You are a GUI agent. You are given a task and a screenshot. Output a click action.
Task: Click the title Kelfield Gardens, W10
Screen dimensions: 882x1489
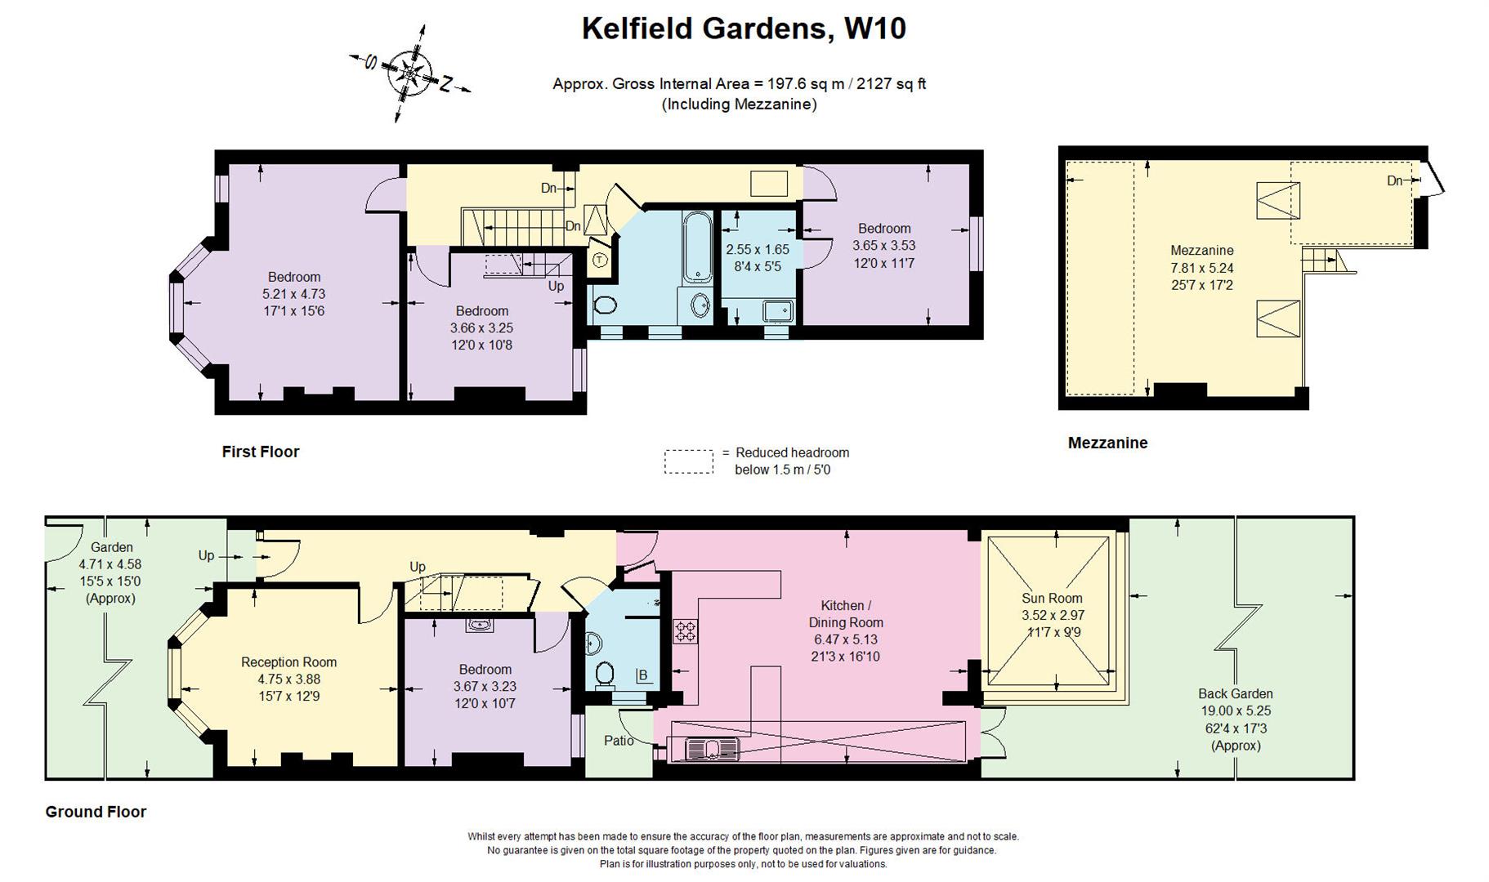tap(743, 29)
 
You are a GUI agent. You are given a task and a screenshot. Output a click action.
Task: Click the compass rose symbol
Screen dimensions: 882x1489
tap(409, 73)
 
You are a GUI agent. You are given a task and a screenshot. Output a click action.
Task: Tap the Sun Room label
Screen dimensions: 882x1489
tap(1052, 598)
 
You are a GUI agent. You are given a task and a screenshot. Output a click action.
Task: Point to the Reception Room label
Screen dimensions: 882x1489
tap(288, 662)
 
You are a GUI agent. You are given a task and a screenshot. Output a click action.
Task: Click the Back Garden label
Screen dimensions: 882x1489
tap(1235, 693)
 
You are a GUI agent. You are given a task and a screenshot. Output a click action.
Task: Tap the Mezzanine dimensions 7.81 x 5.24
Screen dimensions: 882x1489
tap(1201, 268)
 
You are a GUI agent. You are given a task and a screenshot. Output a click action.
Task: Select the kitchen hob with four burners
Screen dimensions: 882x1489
tap(685, 630)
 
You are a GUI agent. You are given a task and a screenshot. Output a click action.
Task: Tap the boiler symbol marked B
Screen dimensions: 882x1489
tap(643, 675)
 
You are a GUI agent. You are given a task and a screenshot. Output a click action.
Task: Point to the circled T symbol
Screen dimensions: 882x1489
tap(600, 261)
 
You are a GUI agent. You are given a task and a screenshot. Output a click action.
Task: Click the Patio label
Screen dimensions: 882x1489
tap(619, 741)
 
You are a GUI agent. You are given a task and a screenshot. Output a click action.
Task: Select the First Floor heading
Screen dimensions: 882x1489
tap(261, 452)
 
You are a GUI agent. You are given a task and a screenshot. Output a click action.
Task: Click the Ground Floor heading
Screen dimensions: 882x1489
tap(96, 812)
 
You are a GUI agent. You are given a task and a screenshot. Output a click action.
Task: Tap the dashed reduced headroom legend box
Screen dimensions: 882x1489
tap(688, 461)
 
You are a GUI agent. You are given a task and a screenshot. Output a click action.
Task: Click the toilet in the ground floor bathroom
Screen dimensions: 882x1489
tap(605, 675)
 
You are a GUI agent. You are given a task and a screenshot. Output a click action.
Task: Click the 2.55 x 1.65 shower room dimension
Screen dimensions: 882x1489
tap(758, 249)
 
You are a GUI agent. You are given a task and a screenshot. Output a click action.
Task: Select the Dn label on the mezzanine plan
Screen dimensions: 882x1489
tap(1395, 180)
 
